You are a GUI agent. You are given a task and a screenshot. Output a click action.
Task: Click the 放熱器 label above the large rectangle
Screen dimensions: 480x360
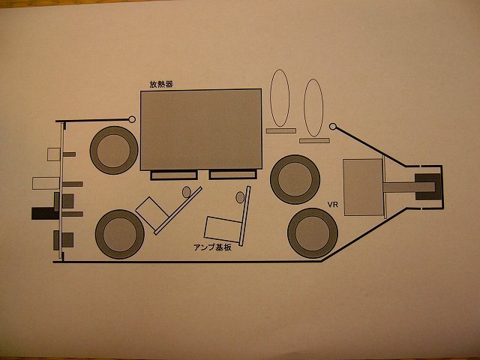(x=161, y=84)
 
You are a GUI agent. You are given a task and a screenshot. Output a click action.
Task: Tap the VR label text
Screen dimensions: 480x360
(x=333, y=205)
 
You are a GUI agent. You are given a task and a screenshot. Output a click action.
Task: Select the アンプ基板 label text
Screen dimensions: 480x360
(x=212, y=247)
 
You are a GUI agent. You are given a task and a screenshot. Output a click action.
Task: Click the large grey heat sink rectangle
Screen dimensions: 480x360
(x=201, y=130)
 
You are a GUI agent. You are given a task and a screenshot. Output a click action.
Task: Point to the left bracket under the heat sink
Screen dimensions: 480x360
(x=174, y=175)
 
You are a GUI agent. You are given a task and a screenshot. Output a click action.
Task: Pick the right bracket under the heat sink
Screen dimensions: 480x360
(x=232, y=175)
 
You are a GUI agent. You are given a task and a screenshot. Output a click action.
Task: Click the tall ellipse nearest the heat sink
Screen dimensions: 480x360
(x=280, y=98)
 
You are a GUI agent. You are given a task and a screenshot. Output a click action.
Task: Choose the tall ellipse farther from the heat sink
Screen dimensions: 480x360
(x=313, y=108)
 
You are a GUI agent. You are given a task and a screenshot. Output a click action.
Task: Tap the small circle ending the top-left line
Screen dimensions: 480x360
(x=132, y=119)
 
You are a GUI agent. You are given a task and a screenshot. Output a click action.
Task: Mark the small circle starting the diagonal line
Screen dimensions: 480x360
(x=333, y=126)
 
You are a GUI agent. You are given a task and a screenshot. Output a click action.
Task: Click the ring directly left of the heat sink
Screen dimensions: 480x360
(x=114, y=150)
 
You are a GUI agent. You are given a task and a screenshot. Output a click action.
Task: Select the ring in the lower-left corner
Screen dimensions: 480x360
(x=120, y=234)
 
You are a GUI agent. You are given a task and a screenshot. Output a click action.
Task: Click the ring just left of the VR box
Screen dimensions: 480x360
(x=295, y=179)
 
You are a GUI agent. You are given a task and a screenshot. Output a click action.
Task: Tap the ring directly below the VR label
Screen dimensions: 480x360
(x=313, y=233)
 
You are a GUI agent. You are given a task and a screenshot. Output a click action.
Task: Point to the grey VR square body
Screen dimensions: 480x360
(x=363, y=187)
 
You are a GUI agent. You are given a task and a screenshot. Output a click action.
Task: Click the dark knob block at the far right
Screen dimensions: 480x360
(x=427, y=187)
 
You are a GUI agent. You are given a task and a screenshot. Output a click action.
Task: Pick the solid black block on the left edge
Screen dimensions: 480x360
(x=45, y=213)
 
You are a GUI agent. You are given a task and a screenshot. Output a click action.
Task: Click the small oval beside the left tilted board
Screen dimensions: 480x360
(x=187, y=192)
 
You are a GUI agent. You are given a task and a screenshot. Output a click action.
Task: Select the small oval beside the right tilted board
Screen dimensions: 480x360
(x=240, y=197)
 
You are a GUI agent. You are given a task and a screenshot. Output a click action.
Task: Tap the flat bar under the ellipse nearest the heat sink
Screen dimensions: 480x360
(x=281, y=130)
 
